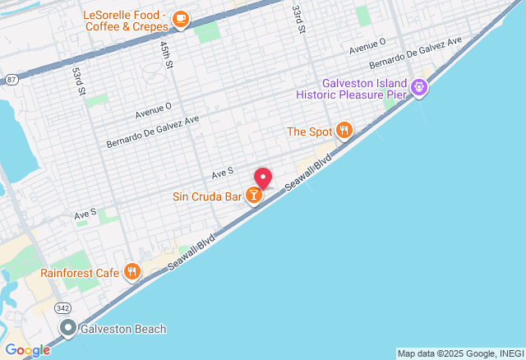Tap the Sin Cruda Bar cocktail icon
pos(255,196)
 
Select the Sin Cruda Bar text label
pos(207,197)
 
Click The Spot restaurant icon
pos(344,131)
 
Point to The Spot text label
pos(308,132)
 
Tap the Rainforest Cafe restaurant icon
pos(131,272)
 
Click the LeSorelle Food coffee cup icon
pos(180,18)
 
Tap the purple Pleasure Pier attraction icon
pos(419,85)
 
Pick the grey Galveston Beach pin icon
pos(69,329)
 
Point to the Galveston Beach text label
pos(123,330)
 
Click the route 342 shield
pos(62,307)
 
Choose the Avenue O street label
pos(154,107)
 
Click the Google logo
pos(26,350)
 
